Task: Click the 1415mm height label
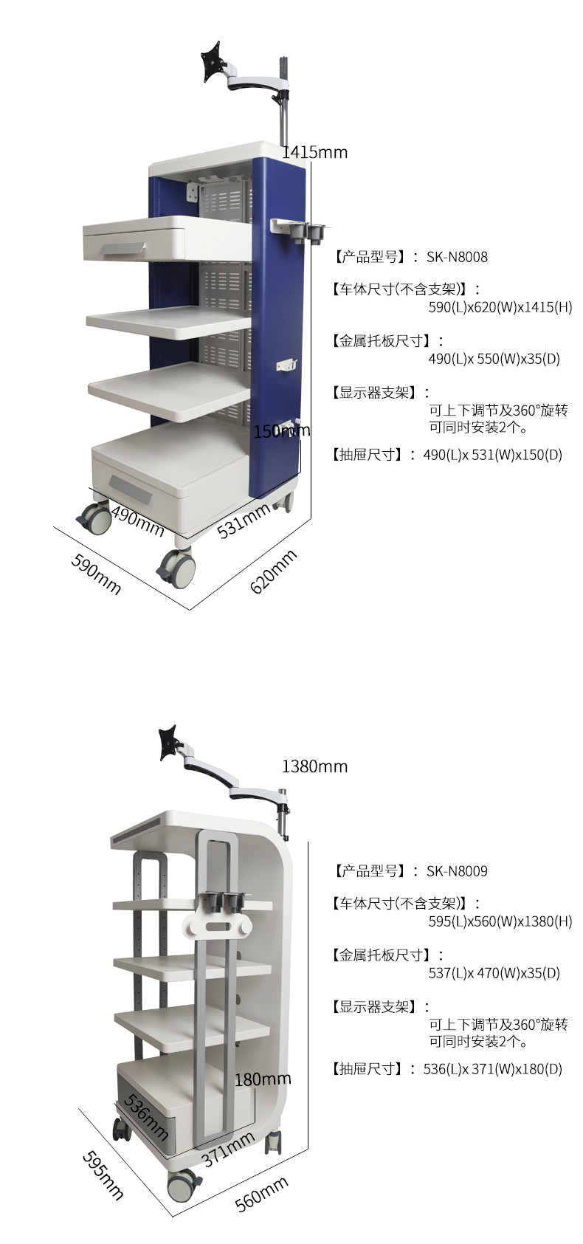(315, 151)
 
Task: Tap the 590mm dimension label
(95, 574)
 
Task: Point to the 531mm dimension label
(244, 520)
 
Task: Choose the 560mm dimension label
(261, 1193)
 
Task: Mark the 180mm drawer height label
(263, 1079)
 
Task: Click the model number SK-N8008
(457, 257)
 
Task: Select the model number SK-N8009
(457, 871)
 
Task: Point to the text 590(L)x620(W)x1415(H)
(500, 306)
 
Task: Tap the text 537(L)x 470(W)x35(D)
(494, 972)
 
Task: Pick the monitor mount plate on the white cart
(168, 743)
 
